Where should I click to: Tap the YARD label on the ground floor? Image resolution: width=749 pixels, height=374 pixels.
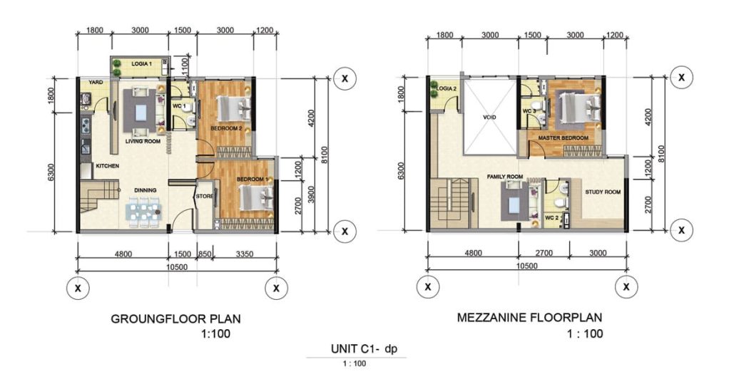point(96,82)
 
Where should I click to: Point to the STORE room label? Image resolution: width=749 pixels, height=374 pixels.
point(205,196)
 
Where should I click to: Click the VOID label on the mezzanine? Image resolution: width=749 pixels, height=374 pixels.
point(489,118)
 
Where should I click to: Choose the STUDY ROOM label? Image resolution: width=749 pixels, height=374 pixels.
point(603,192)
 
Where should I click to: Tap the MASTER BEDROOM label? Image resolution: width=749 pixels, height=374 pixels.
point(564,138)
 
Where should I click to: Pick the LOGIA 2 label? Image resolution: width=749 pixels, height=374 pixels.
point(447,89)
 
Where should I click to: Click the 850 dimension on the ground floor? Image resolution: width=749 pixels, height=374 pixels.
point(205,254)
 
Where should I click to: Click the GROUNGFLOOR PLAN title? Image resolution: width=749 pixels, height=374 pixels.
point(175,318)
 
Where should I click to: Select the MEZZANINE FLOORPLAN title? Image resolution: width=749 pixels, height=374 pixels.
point(530,317)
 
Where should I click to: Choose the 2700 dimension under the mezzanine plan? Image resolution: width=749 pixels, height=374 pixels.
point(544,254)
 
